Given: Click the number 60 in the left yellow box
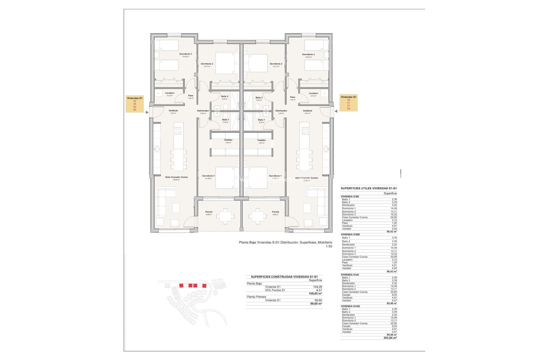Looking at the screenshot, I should point(135,110).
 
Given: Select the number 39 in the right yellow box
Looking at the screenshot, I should point(348,100).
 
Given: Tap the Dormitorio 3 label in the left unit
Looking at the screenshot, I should point(186,54).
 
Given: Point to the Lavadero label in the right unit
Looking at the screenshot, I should point(313,93).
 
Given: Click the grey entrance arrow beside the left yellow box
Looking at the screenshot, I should point(147,112).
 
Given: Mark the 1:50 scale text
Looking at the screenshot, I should point(329,246).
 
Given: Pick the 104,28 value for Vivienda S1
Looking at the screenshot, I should point(318,287).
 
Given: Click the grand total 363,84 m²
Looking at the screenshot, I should point(390,338).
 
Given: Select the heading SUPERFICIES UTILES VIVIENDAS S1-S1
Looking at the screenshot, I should point(369,188).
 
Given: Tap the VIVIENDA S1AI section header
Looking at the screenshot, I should point(350,275).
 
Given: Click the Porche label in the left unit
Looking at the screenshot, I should point(209,212).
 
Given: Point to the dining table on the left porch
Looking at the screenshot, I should point(225,216).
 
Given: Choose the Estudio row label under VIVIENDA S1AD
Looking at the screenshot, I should point(346,326).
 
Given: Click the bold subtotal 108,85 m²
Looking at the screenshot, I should point(315,294).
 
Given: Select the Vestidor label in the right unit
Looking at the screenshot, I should point(262,140).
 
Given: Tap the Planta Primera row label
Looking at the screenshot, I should point(256,297).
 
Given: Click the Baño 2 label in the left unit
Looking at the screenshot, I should point(224,96).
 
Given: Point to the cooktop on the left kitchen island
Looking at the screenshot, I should point(177,131).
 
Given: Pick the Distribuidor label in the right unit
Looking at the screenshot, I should point(281,111).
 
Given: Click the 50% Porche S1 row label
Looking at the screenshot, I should point(275,290).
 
